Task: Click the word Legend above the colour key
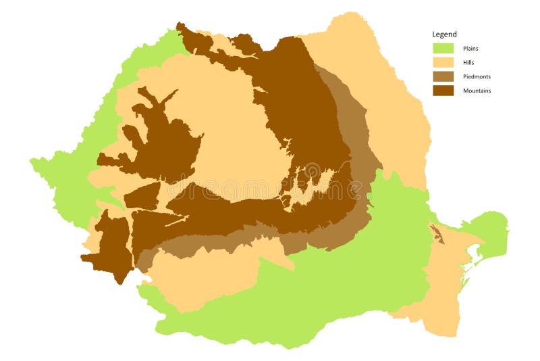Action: tap(444, 34)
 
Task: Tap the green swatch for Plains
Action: tap(443, 48)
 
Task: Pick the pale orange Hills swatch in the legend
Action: tap(443, 62)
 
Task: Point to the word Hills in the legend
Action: tap(468, 62)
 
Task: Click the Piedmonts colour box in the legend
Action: tap(443, 76)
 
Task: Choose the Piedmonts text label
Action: tap(477, 76)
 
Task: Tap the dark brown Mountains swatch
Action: tap(443, 91)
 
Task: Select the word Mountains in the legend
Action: tap(477, 91)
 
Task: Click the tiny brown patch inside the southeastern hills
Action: tap(438, 235)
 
